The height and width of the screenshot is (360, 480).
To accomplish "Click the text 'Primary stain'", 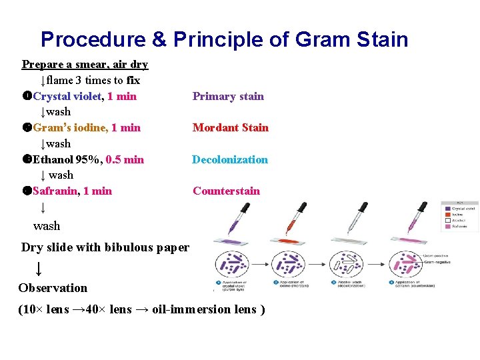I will click(x=228, y=96).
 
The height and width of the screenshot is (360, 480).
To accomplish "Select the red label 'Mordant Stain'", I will click(x=230, y=127).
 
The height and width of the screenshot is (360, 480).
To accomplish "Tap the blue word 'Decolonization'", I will click(x=230, y=159).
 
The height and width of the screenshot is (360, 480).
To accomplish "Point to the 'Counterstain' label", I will click(x=226, y=191).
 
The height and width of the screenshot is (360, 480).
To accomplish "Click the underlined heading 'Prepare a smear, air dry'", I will click(x=85, y=65).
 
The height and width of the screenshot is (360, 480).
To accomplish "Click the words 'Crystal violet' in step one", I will click(x=68, y=96).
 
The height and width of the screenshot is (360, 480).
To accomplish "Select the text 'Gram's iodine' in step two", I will click(x=70, y=127).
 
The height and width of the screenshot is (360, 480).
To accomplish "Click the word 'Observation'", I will click(x=53, y=288).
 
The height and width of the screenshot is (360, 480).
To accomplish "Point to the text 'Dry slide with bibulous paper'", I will click(x=105, y=247).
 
